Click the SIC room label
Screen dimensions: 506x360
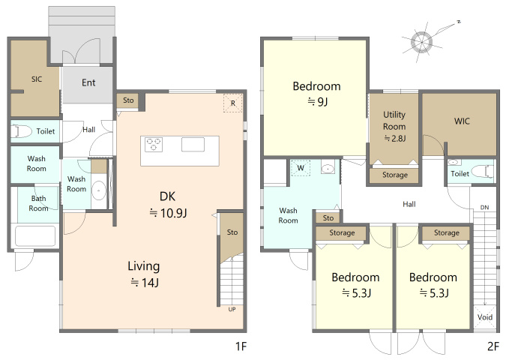(x=37, y=79)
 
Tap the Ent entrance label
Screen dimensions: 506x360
(x=88, y=82)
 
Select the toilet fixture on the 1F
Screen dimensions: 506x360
(x=21, y=131)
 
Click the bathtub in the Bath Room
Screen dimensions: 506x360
(x=34, y=235)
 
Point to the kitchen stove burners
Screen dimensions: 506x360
(x=154, y=144)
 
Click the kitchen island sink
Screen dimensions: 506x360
(x=193, y=144)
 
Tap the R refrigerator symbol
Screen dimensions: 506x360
(x=232, y=103)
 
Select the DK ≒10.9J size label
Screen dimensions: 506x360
(x=168, y=205)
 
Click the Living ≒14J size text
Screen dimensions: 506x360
(x=144, y=274)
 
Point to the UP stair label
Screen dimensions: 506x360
(x=232, y=309)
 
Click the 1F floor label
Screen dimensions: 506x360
(x=241, y=346)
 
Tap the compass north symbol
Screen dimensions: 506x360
(x=422, y=42)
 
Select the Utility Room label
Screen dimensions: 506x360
(x=394, y=121)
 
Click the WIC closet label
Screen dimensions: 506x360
(x=462, y=121)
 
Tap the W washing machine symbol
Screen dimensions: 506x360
(x=301, y=168)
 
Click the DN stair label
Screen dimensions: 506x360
(x=484, y=207)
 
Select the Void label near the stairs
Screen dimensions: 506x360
(x=485, y=317)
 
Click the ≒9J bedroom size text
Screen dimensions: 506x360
(x=318, y=102)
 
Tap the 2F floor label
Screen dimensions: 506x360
(x=493, y=346)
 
